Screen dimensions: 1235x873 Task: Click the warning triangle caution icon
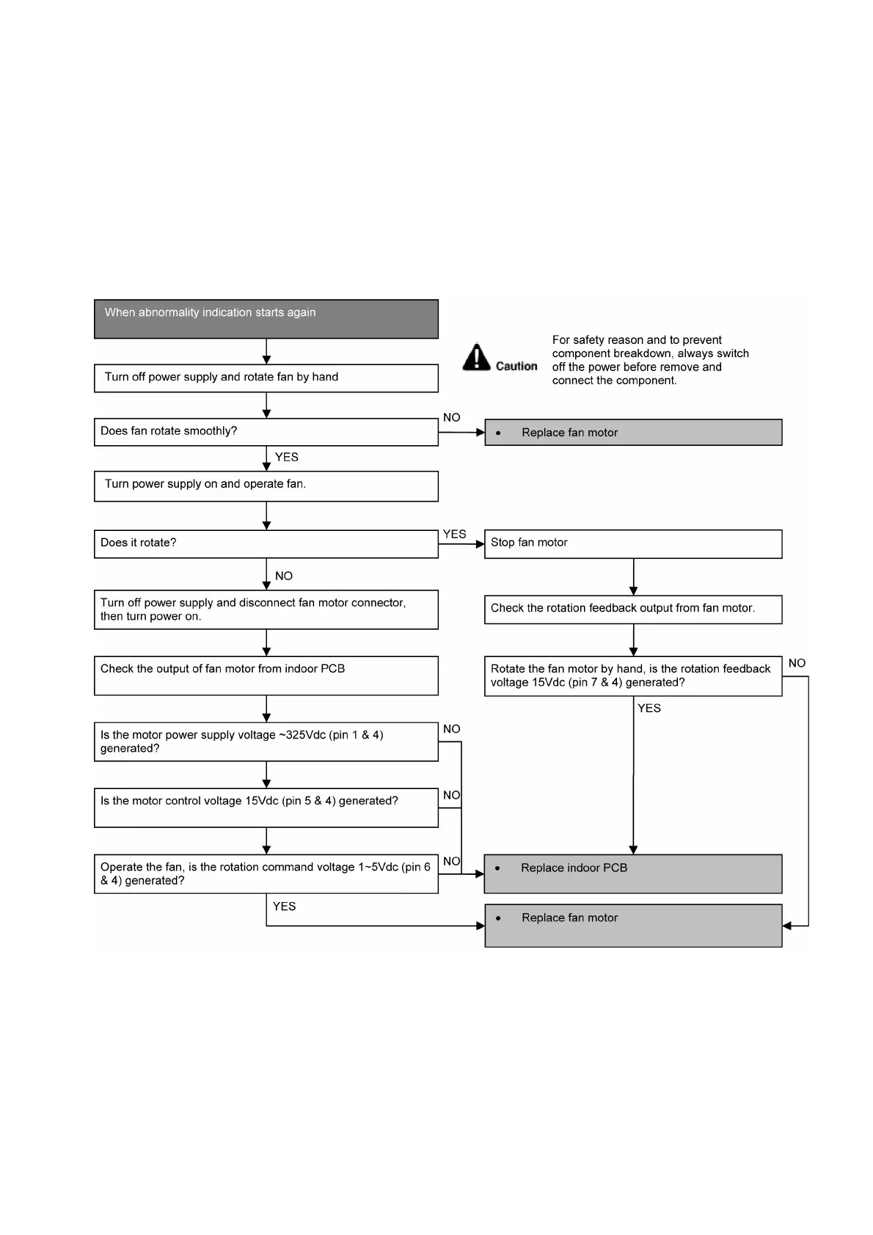[476, 357]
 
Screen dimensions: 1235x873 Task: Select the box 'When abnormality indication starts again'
[266, 318]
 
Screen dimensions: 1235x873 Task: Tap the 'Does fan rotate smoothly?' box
[266, 431]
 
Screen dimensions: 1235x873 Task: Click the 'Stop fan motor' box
[632, 543]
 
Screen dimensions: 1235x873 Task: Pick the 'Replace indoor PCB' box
[632, 873]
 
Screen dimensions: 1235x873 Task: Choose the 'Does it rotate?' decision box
[266, 543]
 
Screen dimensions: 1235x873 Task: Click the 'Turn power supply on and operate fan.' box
[266, 485]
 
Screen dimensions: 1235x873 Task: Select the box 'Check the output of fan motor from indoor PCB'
[266, 675]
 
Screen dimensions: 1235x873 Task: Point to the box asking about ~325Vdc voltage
[266, 741]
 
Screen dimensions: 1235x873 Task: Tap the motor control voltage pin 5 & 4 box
[266, 807]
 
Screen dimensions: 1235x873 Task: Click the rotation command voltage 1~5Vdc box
[266, 873]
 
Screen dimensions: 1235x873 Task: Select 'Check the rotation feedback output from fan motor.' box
[632, 609]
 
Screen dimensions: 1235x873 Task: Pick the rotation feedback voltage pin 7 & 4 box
[632, 675]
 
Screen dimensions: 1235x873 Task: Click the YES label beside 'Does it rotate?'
[455, 534]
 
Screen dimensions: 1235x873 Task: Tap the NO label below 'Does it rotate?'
[284, 576]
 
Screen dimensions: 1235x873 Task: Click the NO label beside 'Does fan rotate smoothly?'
[452, 417]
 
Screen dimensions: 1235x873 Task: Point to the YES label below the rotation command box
[285, 906]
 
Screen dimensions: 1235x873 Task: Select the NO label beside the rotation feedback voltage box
[797, 663]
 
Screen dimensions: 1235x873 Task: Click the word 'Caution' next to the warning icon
[516, 366]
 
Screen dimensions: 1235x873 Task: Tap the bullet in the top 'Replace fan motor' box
[498, 433]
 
